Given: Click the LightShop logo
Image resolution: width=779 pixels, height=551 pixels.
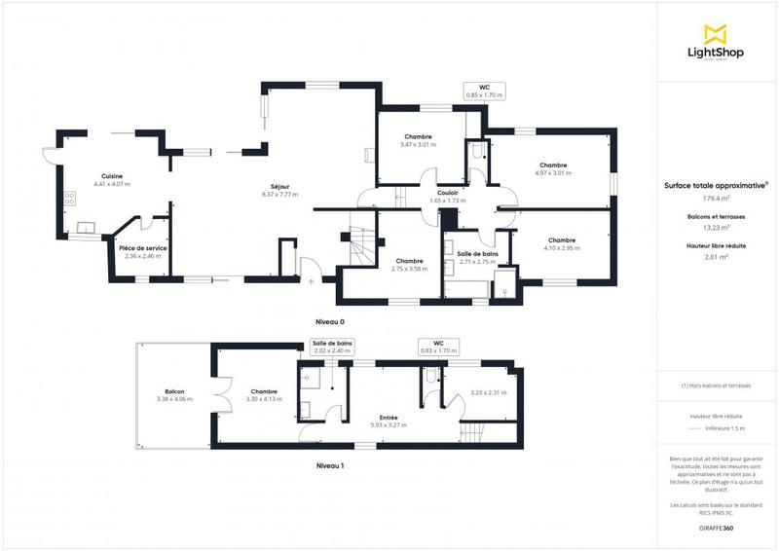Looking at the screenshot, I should (x=716, y=44).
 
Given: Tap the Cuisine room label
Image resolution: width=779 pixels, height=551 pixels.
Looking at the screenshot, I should (x=111, y=176).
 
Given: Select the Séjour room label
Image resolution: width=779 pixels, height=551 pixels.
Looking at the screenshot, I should (x=280, y=187).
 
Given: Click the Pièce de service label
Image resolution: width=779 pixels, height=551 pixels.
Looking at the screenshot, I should (x=142, y=248).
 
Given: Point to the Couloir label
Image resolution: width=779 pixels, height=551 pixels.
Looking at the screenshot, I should (x=448, y=193).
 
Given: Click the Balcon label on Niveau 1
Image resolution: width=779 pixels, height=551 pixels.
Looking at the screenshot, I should (x=175, y=391).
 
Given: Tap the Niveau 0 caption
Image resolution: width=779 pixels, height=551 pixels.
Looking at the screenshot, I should (x=330, y=321).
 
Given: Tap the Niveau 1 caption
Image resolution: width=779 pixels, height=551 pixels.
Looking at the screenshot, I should (x=330, y=465).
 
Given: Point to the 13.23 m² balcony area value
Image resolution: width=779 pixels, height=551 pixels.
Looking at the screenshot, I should (x=716, y=228).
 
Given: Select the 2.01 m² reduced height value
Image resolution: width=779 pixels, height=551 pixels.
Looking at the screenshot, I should (x=716, y=259).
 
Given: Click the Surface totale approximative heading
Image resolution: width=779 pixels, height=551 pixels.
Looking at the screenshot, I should (x=715, y=184).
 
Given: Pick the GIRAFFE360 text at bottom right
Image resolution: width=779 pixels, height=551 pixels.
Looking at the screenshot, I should (x=716, y=527).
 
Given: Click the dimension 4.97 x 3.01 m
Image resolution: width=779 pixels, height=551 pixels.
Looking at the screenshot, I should (x=553, y=172).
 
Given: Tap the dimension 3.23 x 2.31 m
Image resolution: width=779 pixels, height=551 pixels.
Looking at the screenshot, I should (x=488, y=392).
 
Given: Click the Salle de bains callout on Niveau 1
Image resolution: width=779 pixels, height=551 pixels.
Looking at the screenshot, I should (x=332, y=347).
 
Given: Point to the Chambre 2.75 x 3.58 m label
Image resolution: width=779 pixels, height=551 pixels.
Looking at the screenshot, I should (x=409, y=264).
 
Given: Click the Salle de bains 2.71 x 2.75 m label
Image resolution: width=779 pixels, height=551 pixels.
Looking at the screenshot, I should (x=477, y=257).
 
